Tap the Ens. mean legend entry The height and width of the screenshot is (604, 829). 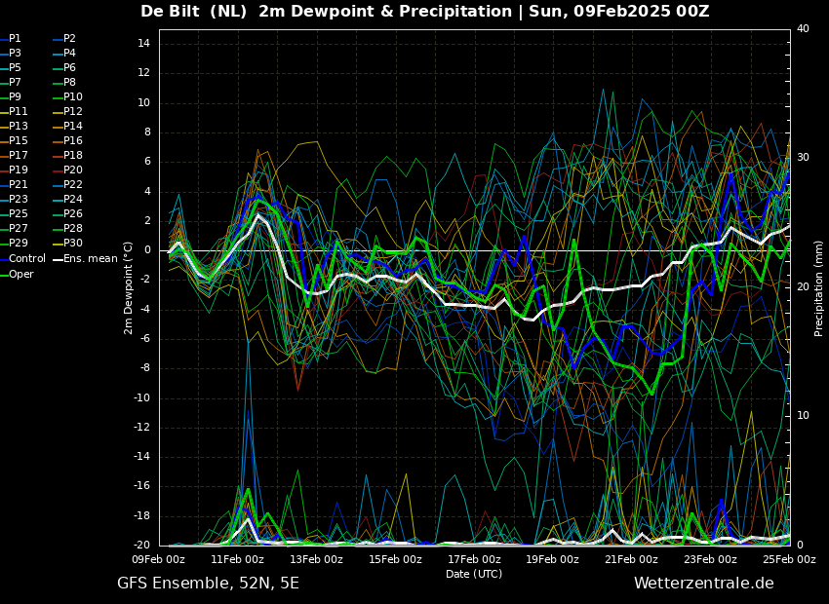(x=86, y=259)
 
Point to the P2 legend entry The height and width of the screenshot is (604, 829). (x=65, y=39)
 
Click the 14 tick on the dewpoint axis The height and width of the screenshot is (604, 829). (x=143, y=44)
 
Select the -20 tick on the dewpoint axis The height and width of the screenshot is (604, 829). (x=141, y=545)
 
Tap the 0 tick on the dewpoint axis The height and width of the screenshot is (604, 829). (x=147, y=250)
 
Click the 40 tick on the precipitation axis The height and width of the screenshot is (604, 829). (x=803, y=28)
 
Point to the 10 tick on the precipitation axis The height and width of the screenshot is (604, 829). (x=803, y=416)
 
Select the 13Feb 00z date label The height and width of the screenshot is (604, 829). (x=316, y=559)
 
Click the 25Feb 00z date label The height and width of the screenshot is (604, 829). (x=789, y=559)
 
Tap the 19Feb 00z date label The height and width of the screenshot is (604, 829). (x=552, y=559)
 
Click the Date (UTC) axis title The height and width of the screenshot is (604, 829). (x=474, y=574)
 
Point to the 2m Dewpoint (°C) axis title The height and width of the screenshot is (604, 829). (x=128, y=288)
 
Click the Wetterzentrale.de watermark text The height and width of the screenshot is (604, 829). (x=704, y=584)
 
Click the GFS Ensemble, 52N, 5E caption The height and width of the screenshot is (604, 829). (x=208, y=584)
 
